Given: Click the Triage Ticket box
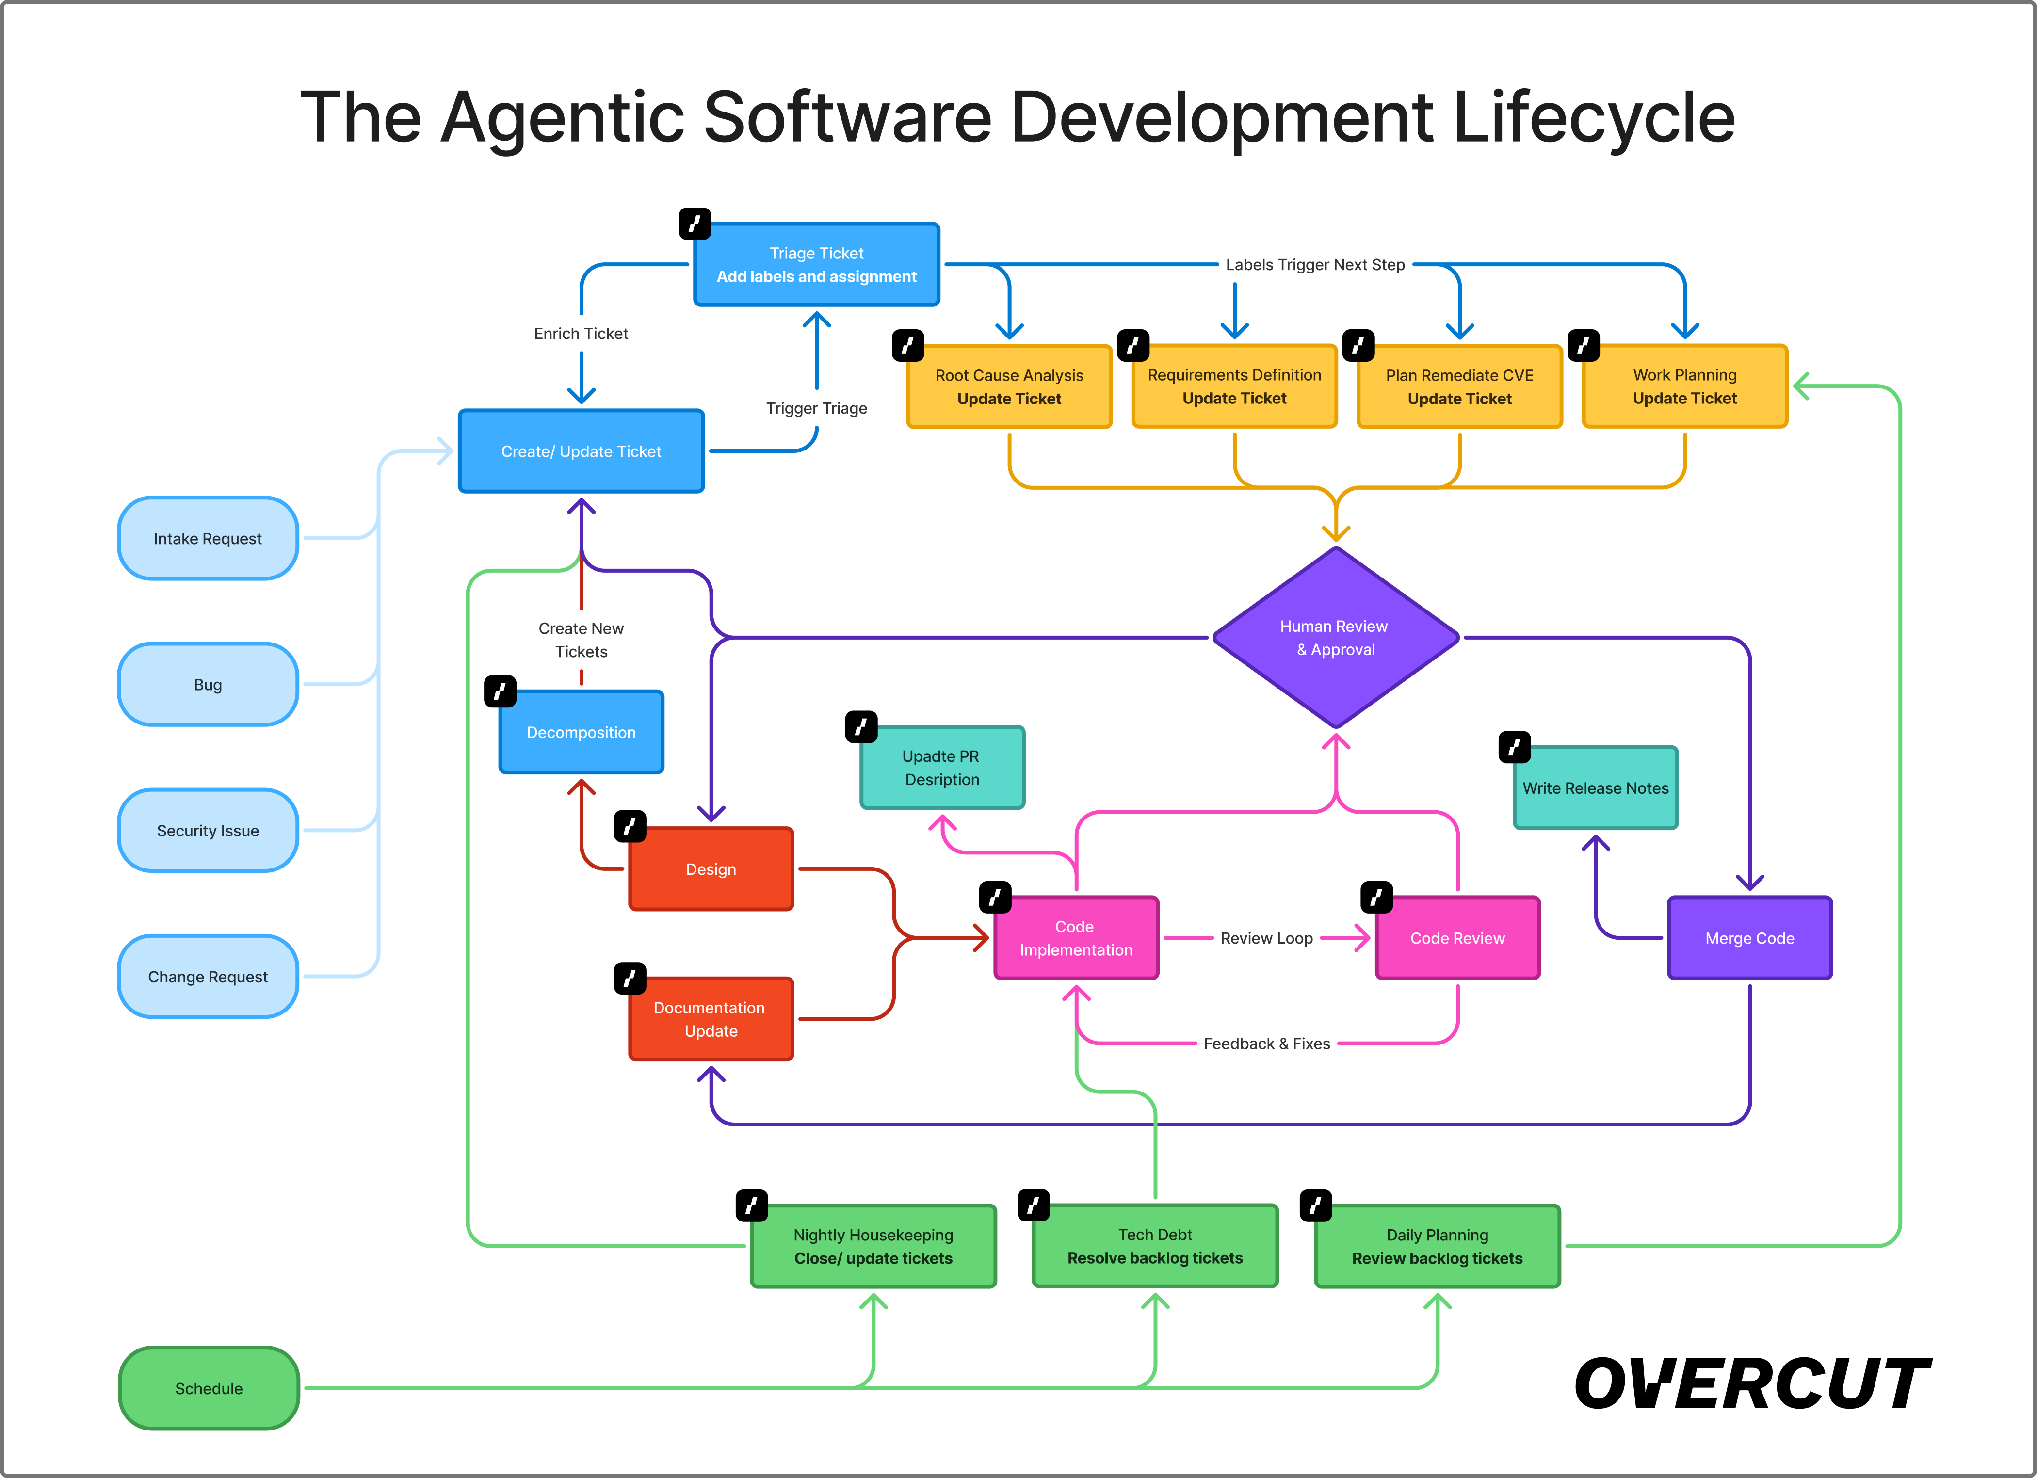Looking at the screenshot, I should pyautogui.click(x=816, y=265).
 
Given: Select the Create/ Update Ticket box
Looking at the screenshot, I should pyautogui.click(x=581, y=451).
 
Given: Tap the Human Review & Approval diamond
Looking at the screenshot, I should pyautogui.click(x=1336, y=638).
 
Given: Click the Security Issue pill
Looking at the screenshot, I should pyautogui.click(x=208, y=831).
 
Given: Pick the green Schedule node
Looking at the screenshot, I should pyautogui.click(x=209, y=1388).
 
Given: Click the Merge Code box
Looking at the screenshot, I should pyautogui.click(x=1749, y=938).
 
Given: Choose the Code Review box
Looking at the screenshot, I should pyautogui.click(x=1457, y=938).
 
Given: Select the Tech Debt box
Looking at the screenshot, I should pyautogui.click(x=1155, y=1246).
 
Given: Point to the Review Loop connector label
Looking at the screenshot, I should pyautogui.click(x=1266, y=938).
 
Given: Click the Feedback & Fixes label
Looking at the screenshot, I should pyautogui.click(x=1266, y=1044).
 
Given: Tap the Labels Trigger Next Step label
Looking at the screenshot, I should pyautogui.click(x=1315, y=265).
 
